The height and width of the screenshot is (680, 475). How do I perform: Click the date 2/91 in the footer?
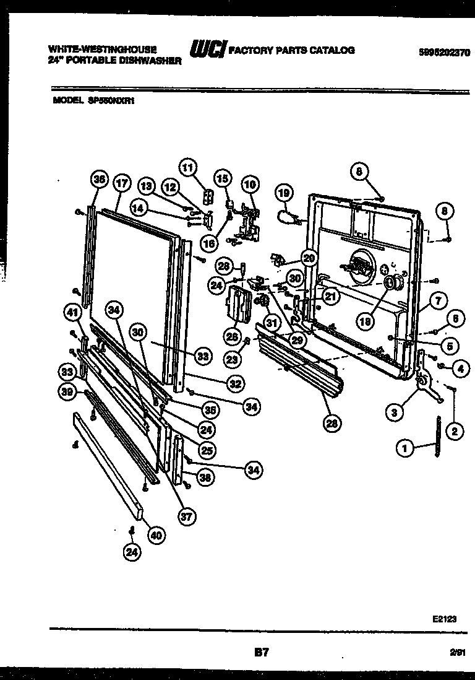[457, 652]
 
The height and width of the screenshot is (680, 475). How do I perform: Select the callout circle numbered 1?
[405, 450]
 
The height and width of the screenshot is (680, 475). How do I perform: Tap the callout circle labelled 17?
[121, 183]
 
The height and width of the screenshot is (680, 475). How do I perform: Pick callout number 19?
[283, 194]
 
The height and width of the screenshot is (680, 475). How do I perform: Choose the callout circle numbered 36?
[98, 180]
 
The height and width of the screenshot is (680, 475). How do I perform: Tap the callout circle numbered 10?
[249, 183]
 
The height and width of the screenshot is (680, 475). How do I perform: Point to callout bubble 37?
[184, 517]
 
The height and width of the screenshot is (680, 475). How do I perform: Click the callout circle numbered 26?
[232, 336]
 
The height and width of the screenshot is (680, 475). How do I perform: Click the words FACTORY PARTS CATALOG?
[293, 51]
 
